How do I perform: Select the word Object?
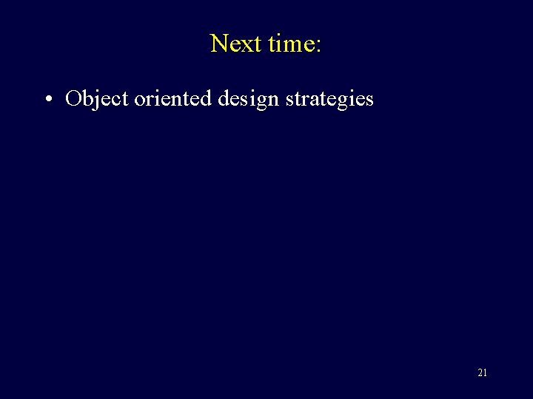pos(97,98)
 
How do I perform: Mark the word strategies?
pos(332,98)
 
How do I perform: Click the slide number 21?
pos(482,373)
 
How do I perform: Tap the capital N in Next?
pos(219,44)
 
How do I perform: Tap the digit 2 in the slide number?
pos(480,373)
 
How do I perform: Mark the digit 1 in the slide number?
pos(485,373)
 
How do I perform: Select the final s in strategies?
pos(369,100)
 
